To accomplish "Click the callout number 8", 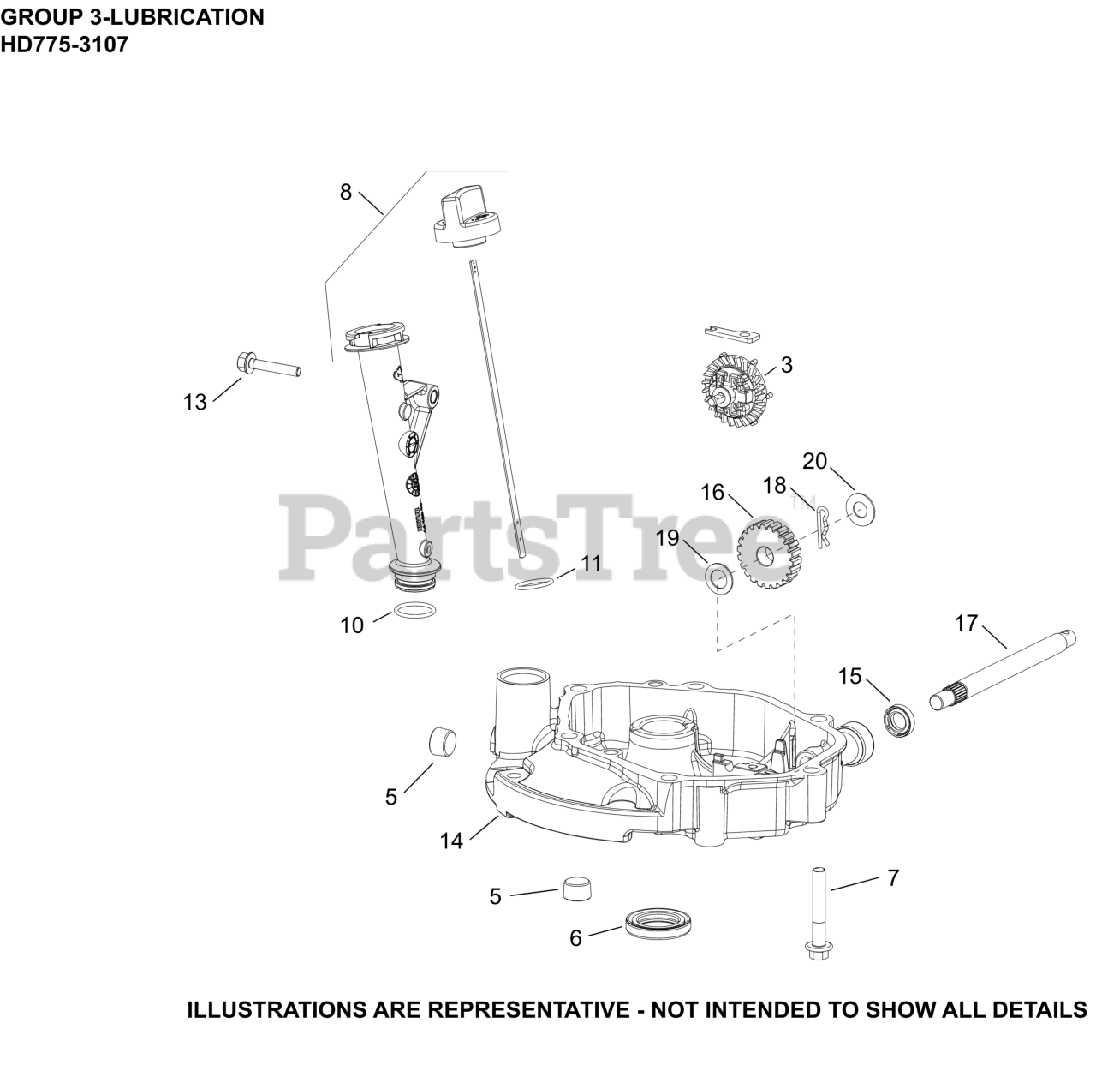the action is (345, 192).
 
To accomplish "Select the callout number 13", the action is (195, 402).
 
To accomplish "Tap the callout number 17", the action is (966, 623).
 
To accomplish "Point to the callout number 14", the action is (451, 841).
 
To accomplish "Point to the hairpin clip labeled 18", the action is (822, 525).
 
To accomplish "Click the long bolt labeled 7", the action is (813, 915).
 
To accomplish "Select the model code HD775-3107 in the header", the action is (64, 45).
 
